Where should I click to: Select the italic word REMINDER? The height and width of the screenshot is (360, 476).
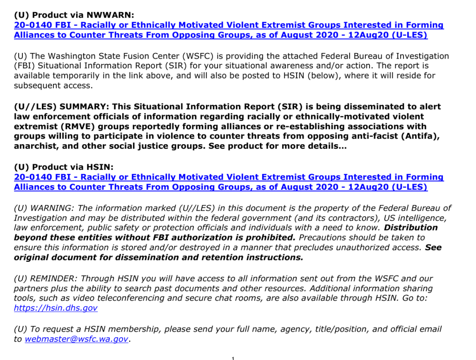click(x=53, y=279)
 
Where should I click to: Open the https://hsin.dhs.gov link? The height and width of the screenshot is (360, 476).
click(x=56, y=308)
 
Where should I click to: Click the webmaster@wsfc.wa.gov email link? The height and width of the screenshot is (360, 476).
click(x=76, y=340)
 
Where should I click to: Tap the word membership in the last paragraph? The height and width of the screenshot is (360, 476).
click(x=130, y=329)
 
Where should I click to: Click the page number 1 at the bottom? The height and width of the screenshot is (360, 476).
click(x=232, y=358)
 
